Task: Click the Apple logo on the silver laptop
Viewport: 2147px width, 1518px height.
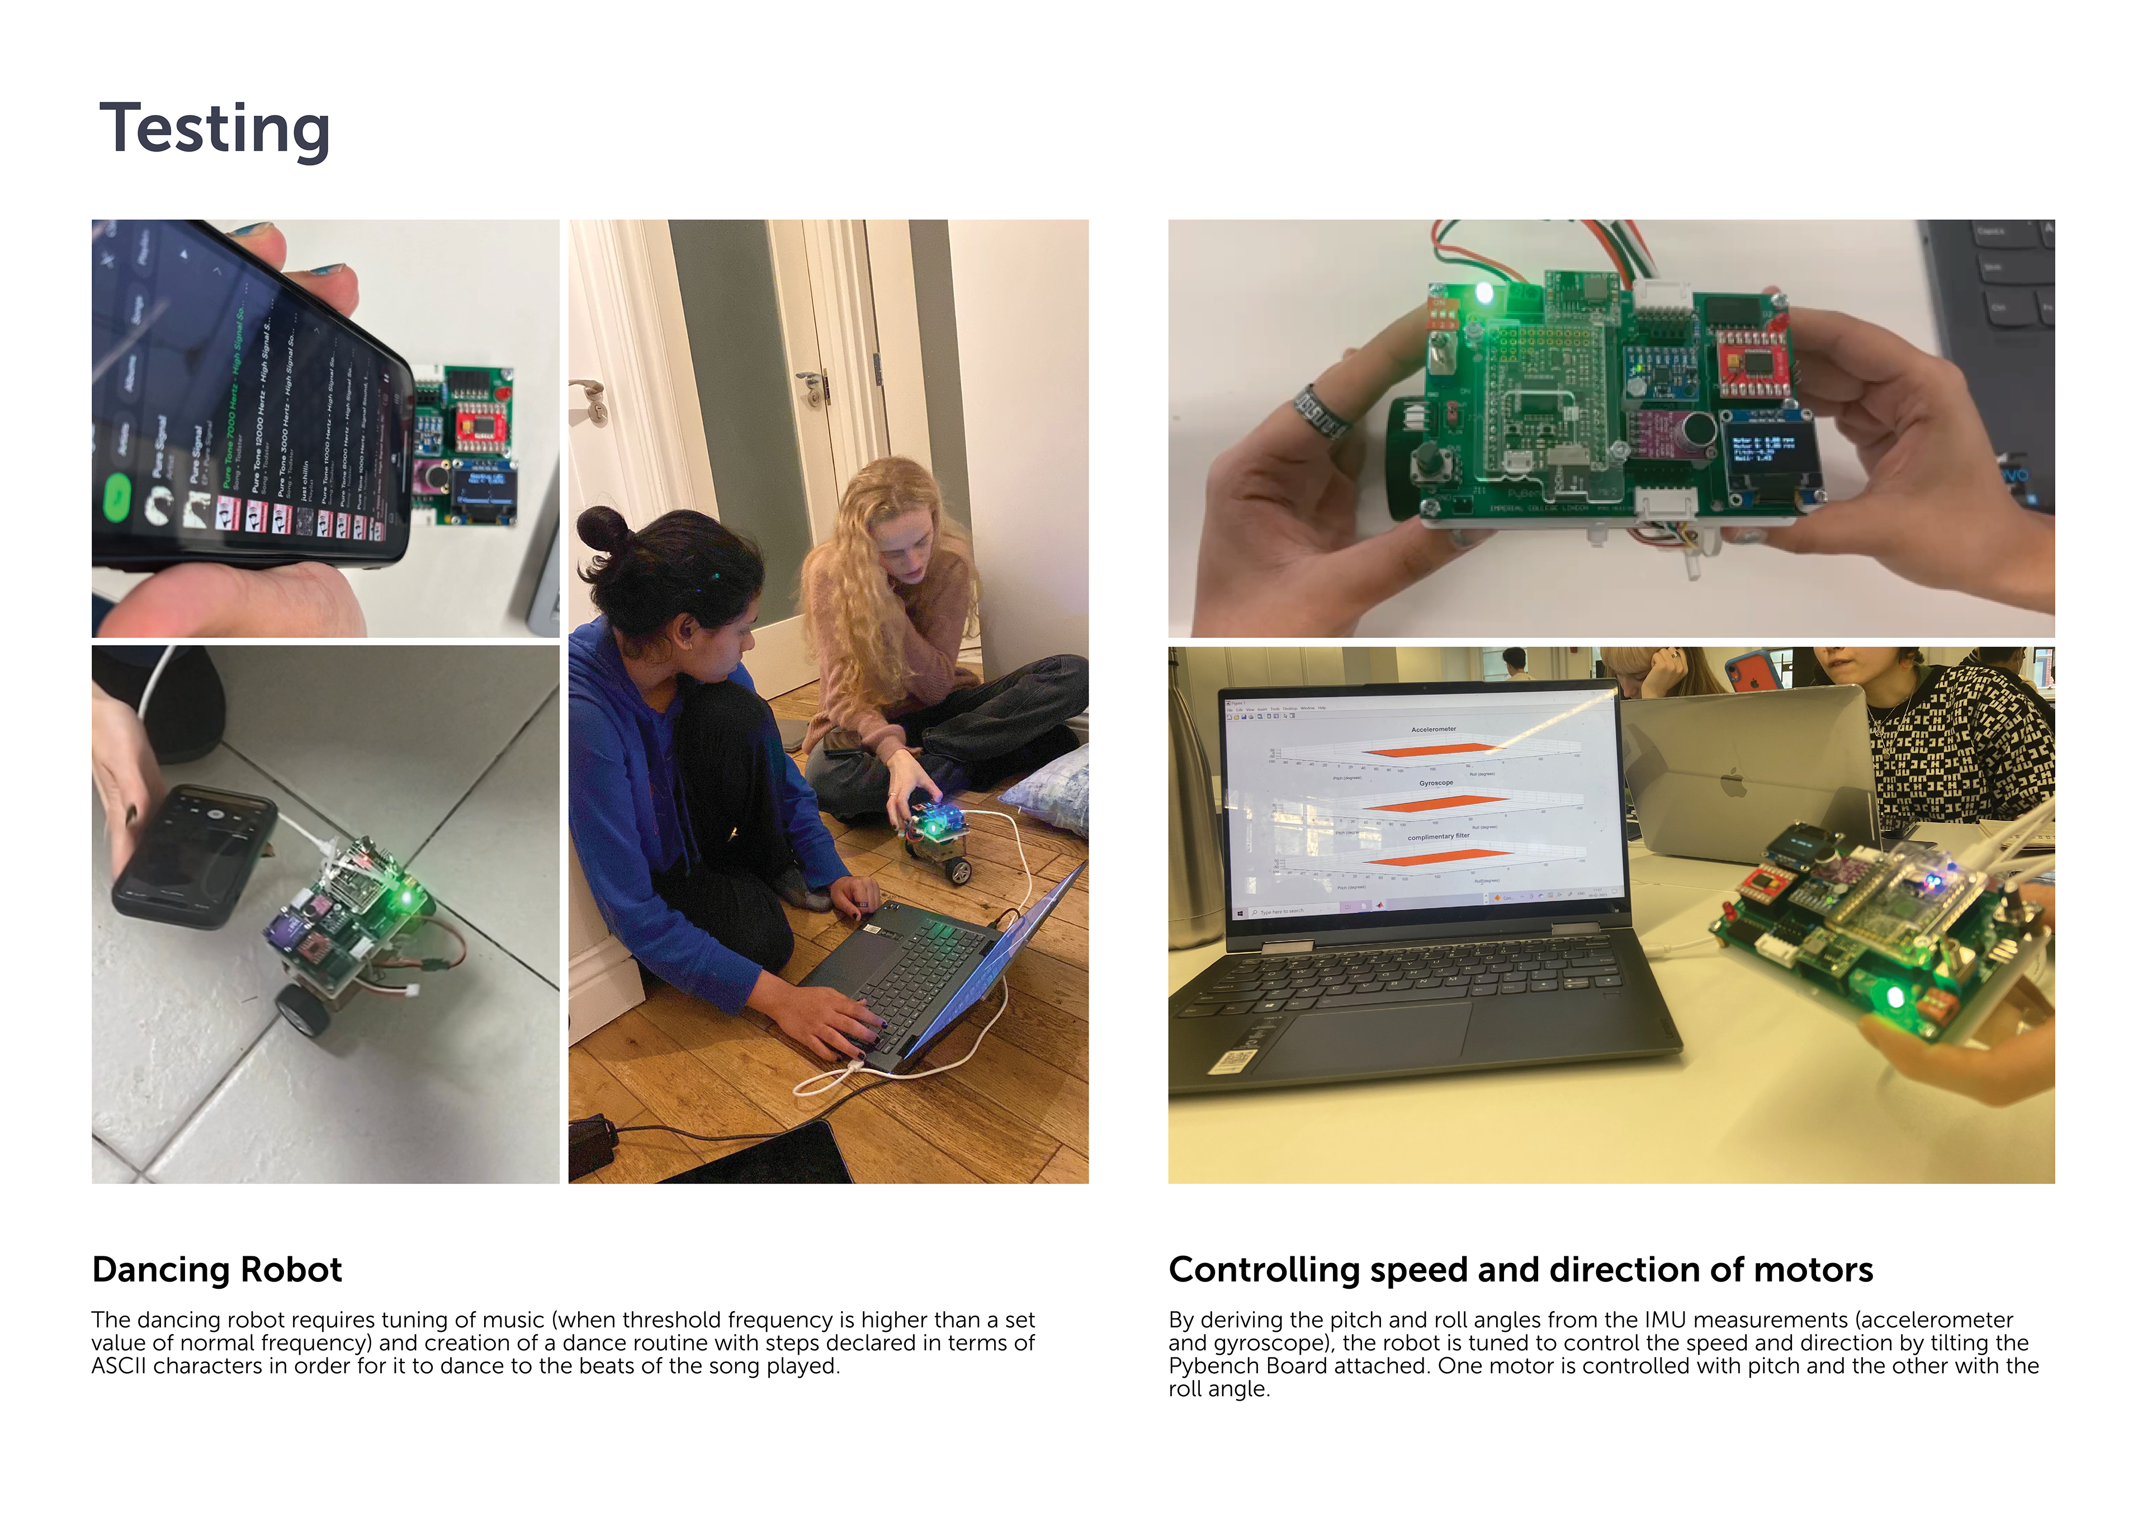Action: point(1733,781)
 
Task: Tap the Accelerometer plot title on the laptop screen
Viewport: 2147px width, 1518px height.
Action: point(1434,729)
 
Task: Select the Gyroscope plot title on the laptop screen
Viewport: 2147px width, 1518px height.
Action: point(1435,783)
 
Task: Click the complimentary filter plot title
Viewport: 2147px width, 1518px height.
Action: point(1438,836)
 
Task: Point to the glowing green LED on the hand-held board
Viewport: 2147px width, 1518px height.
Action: point(1484,294)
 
